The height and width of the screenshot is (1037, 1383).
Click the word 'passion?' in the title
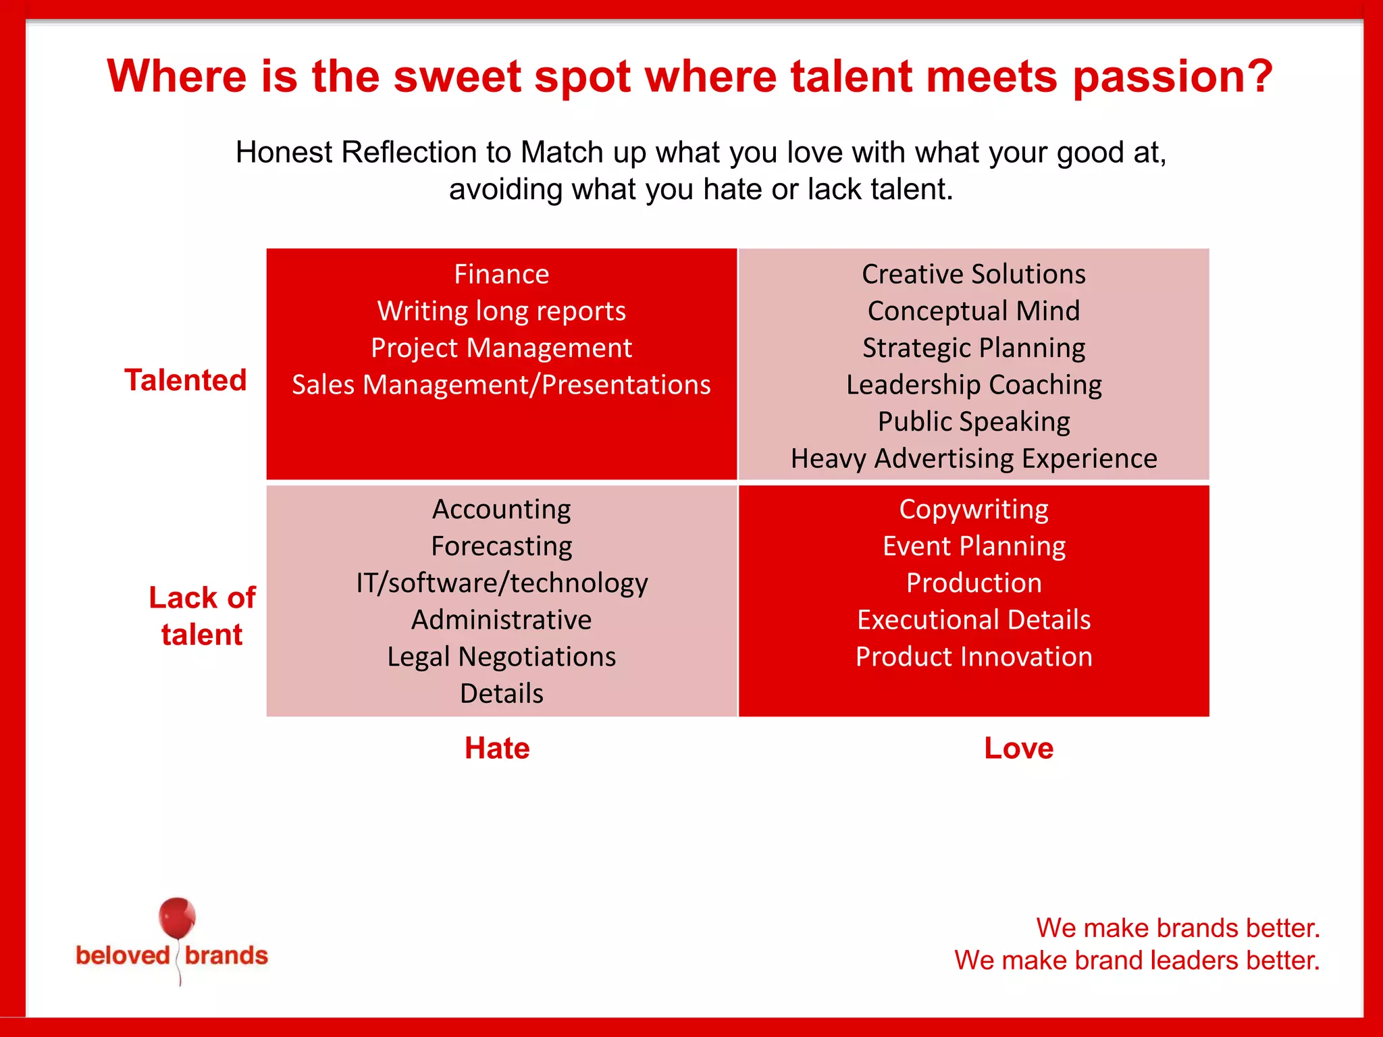coord(1172,76)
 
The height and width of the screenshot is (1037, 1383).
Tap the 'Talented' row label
coord(186,380)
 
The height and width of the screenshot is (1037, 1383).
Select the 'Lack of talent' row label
coord(202,616)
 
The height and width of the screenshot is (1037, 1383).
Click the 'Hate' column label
coord(497,748)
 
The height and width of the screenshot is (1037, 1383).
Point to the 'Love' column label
coord(1018,748)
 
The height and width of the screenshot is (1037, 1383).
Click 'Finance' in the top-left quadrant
coord(501,274)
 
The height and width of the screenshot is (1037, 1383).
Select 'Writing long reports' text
coord(501,311)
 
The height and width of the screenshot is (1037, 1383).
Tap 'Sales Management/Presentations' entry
coord(501,385)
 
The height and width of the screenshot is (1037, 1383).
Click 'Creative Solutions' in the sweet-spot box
coord(974,274)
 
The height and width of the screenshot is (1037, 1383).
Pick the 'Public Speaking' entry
coord(974,421)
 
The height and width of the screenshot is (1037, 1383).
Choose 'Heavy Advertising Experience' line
coord(974,458)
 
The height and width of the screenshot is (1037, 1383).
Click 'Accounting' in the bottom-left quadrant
coord(501,509)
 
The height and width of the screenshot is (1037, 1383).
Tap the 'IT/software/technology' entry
coord(501,583)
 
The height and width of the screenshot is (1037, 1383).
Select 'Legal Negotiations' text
coord(501,656)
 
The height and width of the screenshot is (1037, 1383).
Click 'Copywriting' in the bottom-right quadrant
coord(974,509)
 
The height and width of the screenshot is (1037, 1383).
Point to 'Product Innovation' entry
coord(974,656)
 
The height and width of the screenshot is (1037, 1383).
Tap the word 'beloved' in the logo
coord(123,955)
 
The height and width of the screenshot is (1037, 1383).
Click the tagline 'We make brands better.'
coord(1178,928)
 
